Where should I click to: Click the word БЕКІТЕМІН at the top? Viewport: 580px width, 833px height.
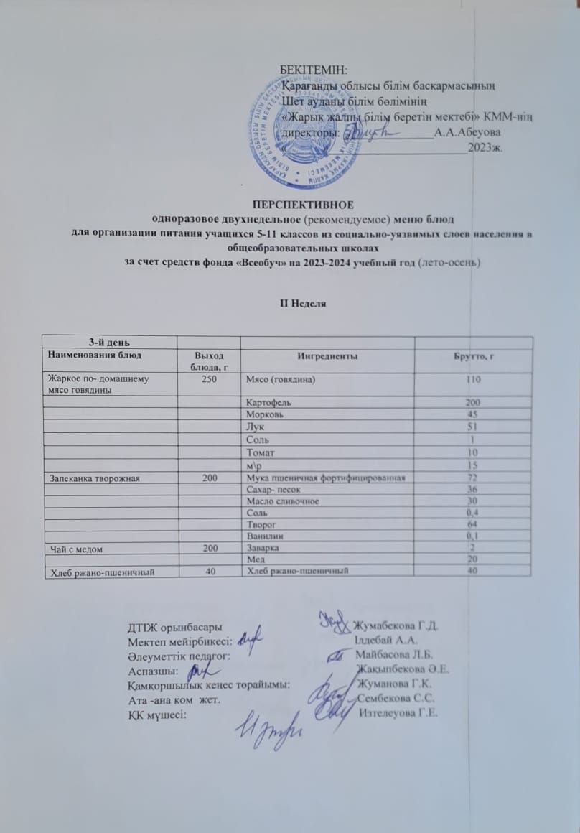313,70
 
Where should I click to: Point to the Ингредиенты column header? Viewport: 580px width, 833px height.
331,355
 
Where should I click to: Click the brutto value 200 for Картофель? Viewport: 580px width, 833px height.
471,403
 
